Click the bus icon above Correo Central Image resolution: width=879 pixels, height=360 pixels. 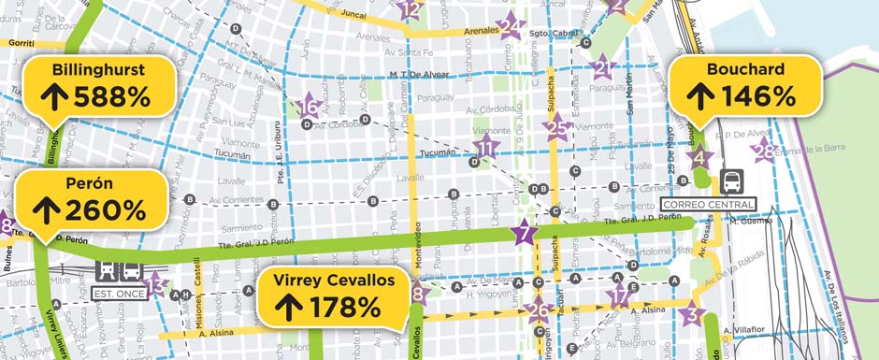(733, 180)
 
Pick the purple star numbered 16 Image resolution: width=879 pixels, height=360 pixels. (309, 108)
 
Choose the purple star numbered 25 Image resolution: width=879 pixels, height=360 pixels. (557, 129)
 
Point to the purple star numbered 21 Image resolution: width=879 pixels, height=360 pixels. (602, 67)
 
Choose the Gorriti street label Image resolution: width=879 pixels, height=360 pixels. (22, 44)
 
